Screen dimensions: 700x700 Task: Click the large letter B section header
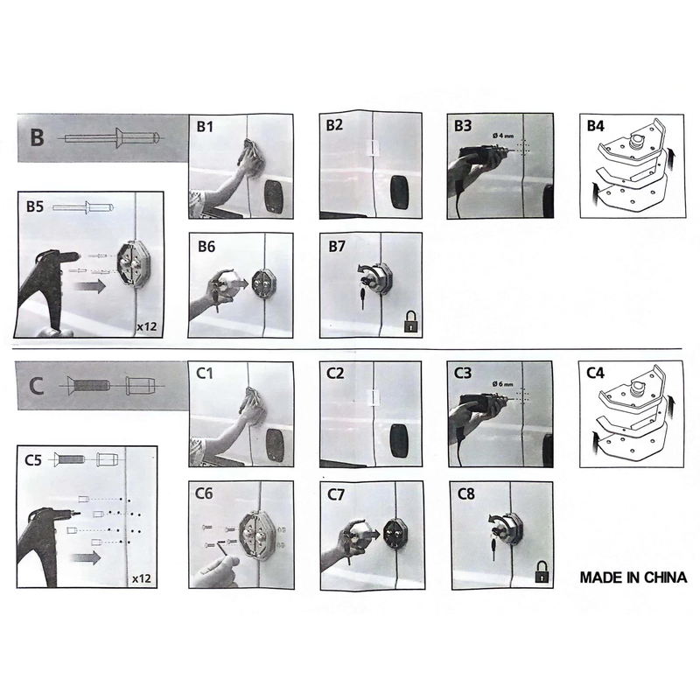point(37,136)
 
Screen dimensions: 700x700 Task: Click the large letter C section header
point(36,386)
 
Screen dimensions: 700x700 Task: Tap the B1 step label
point(205,127)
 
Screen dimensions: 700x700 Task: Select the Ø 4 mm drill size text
point(503,136)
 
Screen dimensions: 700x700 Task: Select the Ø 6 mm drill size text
point(502,383)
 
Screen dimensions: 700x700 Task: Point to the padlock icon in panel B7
point(410,322)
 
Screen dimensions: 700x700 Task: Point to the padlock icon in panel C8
point(542,572)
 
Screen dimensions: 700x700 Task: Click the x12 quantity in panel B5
point(147,326)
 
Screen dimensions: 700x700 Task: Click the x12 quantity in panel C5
point(142,578)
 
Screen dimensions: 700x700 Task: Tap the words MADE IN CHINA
point(633,577)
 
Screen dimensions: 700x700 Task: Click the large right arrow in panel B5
point(89,286)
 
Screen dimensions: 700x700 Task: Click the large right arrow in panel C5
point(85,557)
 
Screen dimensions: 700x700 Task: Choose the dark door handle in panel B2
point(400,193)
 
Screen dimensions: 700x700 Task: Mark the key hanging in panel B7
point(362,297)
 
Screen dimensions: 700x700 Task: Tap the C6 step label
point(204,493)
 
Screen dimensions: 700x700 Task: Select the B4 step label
point(596,126)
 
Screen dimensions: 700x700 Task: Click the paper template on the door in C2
point(373,398)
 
